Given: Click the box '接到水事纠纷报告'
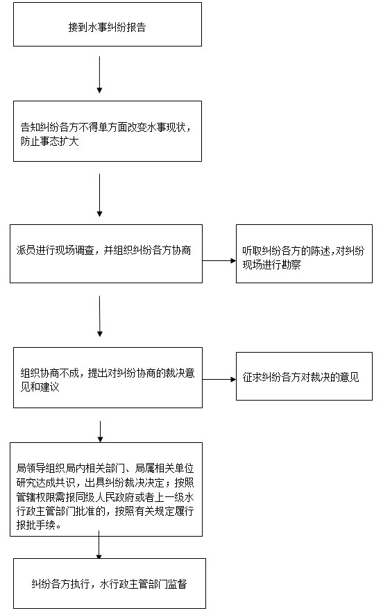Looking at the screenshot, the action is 108,24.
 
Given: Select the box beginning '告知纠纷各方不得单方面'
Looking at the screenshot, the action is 108,131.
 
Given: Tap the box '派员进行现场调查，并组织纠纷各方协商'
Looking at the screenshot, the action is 106,253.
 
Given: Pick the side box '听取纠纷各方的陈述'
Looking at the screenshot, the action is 304,253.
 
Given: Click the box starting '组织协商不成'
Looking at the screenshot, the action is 108,378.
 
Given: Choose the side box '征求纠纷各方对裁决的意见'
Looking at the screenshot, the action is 304,376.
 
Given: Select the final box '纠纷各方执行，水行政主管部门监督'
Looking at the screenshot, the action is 110,583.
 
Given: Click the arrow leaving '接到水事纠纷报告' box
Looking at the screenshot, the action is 100,75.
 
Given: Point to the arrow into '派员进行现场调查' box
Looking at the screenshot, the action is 100,195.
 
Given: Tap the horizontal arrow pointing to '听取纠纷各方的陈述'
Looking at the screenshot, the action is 219,260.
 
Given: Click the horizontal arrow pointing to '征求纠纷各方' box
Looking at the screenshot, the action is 219,379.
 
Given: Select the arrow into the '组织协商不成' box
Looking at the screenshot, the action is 100,317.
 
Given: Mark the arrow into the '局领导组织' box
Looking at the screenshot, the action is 100,432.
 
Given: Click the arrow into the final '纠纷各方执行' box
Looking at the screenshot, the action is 99,544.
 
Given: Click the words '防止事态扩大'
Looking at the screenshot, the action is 50,141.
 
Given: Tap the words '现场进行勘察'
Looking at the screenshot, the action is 271,264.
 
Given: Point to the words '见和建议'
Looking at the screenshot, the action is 40,387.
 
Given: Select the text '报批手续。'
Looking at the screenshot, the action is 39,525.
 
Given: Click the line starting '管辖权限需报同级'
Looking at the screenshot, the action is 105,497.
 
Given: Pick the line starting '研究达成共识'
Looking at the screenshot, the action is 105,482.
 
